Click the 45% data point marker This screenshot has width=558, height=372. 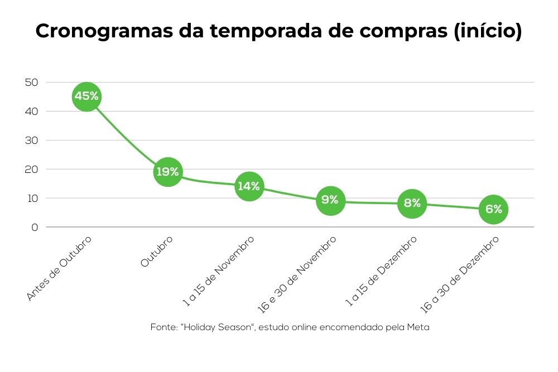86,96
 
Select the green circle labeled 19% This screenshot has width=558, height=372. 167,172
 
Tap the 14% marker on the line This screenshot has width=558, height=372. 249,186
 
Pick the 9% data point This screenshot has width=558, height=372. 330,200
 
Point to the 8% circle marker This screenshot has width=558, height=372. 412,203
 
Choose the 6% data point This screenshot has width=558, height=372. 493,209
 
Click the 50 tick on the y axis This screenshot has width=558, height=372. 31,83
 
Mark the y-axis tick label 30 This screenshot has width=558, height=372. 31,141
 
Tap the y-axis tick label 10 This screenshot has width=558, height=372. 31,199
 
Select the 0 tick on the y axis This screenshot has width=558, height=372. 35,228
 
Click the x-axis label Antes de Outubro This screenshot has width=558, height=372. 59,268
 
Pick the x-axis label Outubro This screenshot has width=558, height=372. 157,252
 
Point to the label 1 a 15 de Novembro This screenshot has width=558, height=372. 219,270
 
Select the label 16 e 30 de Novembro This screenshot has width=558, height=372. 297,273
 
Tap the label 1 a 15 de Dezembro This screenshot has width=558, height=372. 382,271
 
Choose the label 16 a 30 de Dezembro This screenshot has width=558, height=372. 460,273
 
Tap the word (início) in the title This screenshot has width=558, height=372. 487,31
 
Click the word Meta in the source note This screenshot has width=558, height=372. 418,327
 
